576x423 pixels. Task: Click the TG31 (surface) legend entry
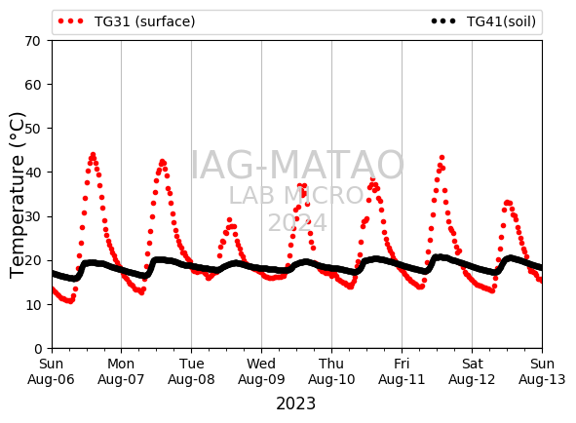point(127,21)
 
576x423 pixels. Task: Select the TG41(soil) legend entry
point(483,21)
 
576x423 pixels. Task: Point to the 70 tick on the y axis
point(32,41)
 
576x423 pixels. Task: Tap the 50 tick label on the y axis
point(32,129)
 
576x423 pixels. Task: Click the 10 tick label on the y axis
point(32,305)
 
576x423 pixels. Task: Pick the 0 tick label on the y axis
point(38,349)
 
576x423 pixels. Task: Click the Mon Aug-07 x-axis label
point(121,371)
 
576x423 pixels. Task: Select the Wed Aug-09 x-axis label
point(261,371)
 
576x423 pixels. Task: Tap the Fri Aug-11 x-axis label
point(402,371)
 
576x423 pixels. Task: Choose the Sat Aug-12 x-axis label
point(472,371)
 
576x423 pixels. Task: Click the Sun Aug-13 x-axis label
point(542,371)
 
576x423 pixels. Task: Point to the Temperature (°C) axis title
point(17,195)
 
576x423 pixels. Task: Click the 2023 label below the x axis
point(295,404)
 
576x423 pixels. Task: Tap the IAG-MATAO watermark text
point(297,165)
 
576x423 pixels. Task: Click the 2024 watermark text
point(297,222)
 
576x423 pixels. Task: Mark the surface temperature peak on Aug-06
point(93,155)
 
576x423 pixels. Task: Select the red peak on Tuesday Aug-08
point(230,219)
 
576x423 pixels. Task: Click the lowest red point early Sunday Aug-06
point(70,301)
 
